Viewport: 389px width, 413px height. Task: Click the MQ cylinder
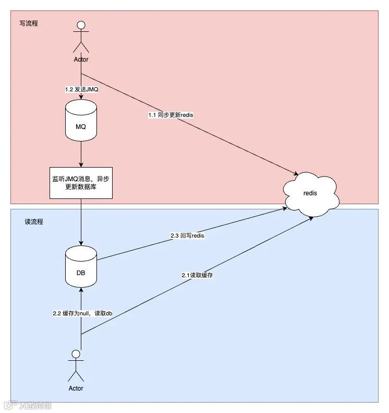(81, 121)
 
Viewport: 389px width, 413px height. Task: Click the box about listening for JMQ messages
(81, 183)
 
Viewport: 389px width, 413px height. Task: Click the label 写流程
(28, 23)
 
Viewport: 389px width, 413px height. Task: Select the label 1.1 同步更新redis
(171, 114)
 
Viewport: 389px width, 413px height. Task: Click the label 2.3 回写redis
(187, 235)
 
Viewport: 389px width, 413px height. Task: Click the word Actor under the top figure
(81, 59)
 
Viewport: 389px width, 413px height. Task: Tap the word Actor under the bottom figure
(76, 388)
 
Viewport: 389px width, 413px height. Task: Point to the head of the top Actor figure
(81, 25)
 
